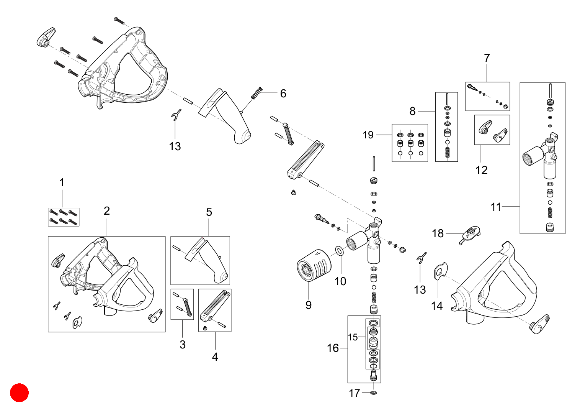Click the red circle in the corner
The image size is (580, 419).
coord(19,393)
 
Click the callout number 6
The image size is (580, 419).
coord(283,93)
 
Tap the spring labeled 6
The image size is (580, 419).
coord(257,93)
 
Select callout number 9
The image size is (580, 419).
coord(308,305)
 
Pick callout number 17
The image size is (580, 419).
coord(354,393)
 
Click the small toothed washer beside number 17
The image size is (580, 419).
coord(373,393)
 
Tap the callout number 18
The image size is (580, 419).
coord(438,233)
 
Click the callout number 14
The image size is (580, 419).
coord(437,306)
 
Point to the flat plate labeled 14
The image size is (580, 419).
coord(440,271)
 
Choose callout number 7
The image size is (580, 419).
coord(487,58)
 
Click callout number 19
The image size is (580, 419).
coord(368,135)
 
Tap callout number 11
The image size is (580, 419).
coord(496,207)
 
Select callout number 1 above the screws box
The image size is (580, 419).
coord(62,182)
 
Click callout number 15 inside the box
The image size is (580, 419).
coord(352,337)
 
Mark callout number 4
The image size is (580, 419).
coord(215,357)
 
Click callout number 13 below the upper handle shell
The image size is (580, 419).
coord(175,146)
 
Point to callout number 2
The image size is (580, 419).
coord(107,211)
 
